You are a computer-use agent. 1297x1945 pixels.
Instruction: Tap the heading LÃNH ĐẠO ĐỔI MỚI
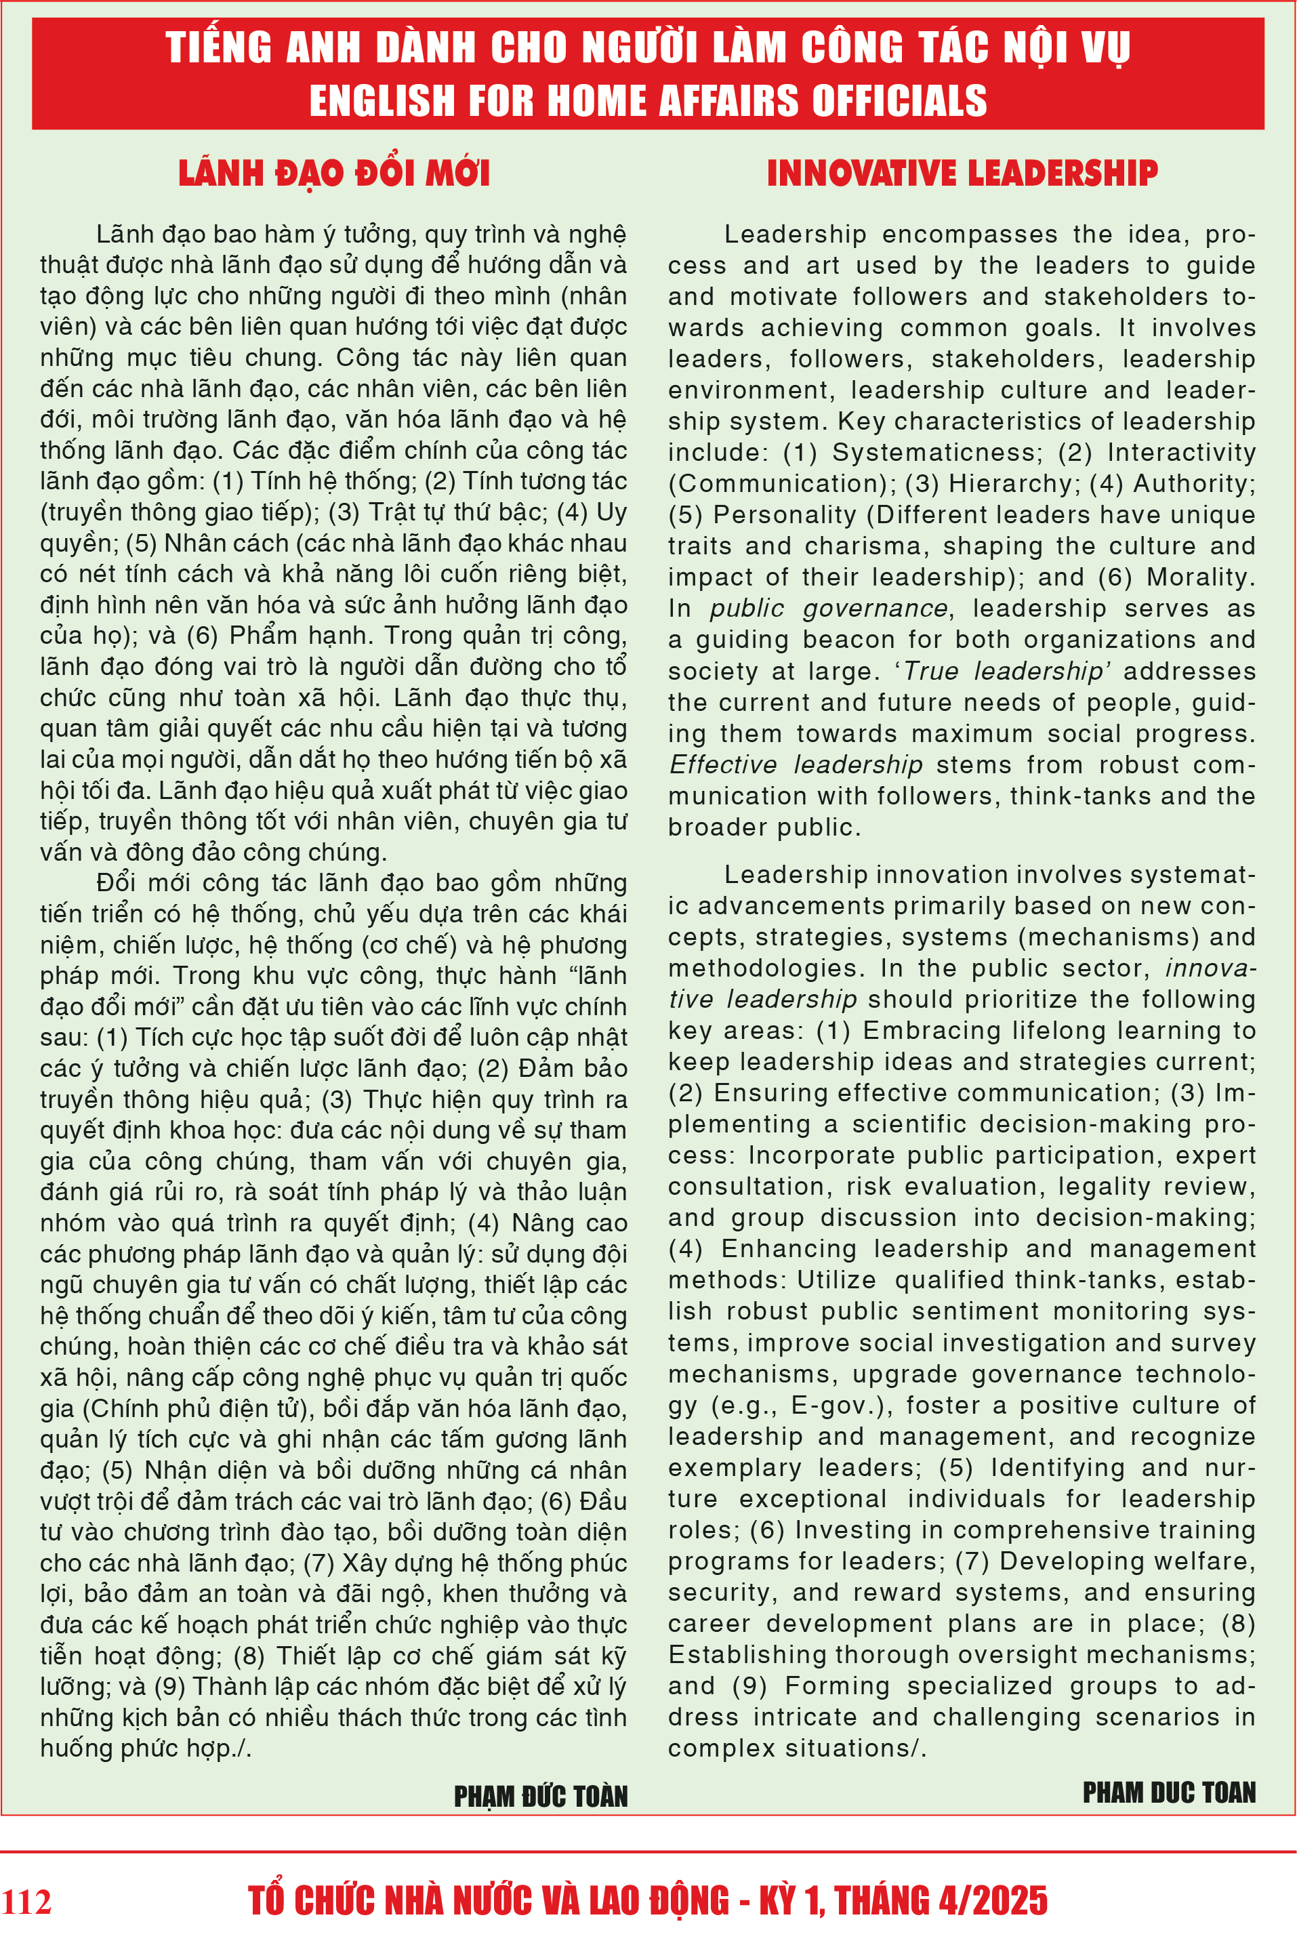pos(334,173)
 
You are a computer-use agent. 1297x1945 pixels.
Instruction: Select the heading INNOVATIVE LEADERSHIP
pos(962,173)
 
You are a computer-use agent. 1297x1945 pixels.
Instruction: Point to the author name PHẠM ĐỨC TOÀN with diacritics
pos(541,1796)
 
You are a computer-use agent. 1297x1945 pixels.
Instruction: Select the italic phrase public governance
pos(828,609)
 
